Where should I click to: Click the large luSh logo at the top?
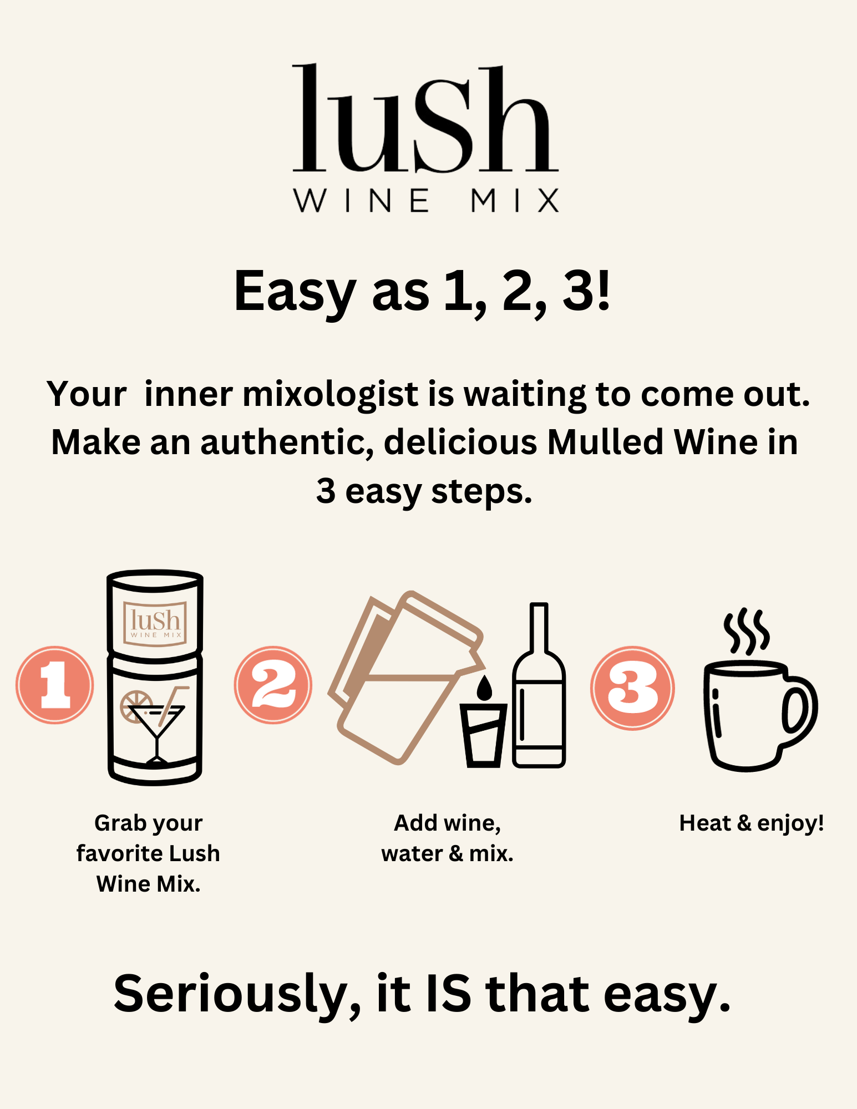coord(424,119)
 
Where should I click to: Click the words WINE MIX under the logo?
coord(426,200)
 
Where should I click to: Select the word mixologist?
coord(331,394)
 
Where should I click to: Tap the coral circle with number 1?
coord(54,685)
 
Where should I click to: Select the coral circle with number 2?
coord(273,685)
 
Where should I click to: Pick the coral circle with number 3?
coord(632,688)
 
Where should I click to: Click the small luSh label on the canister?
coord(155,623)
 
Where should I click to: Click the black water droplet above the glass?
coord(484,688)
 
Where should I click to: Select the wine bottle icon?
coord(539,693)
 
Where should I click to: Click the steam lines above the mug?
coord(747,631)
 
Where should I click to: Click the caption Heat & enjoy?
coord(751,823)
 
